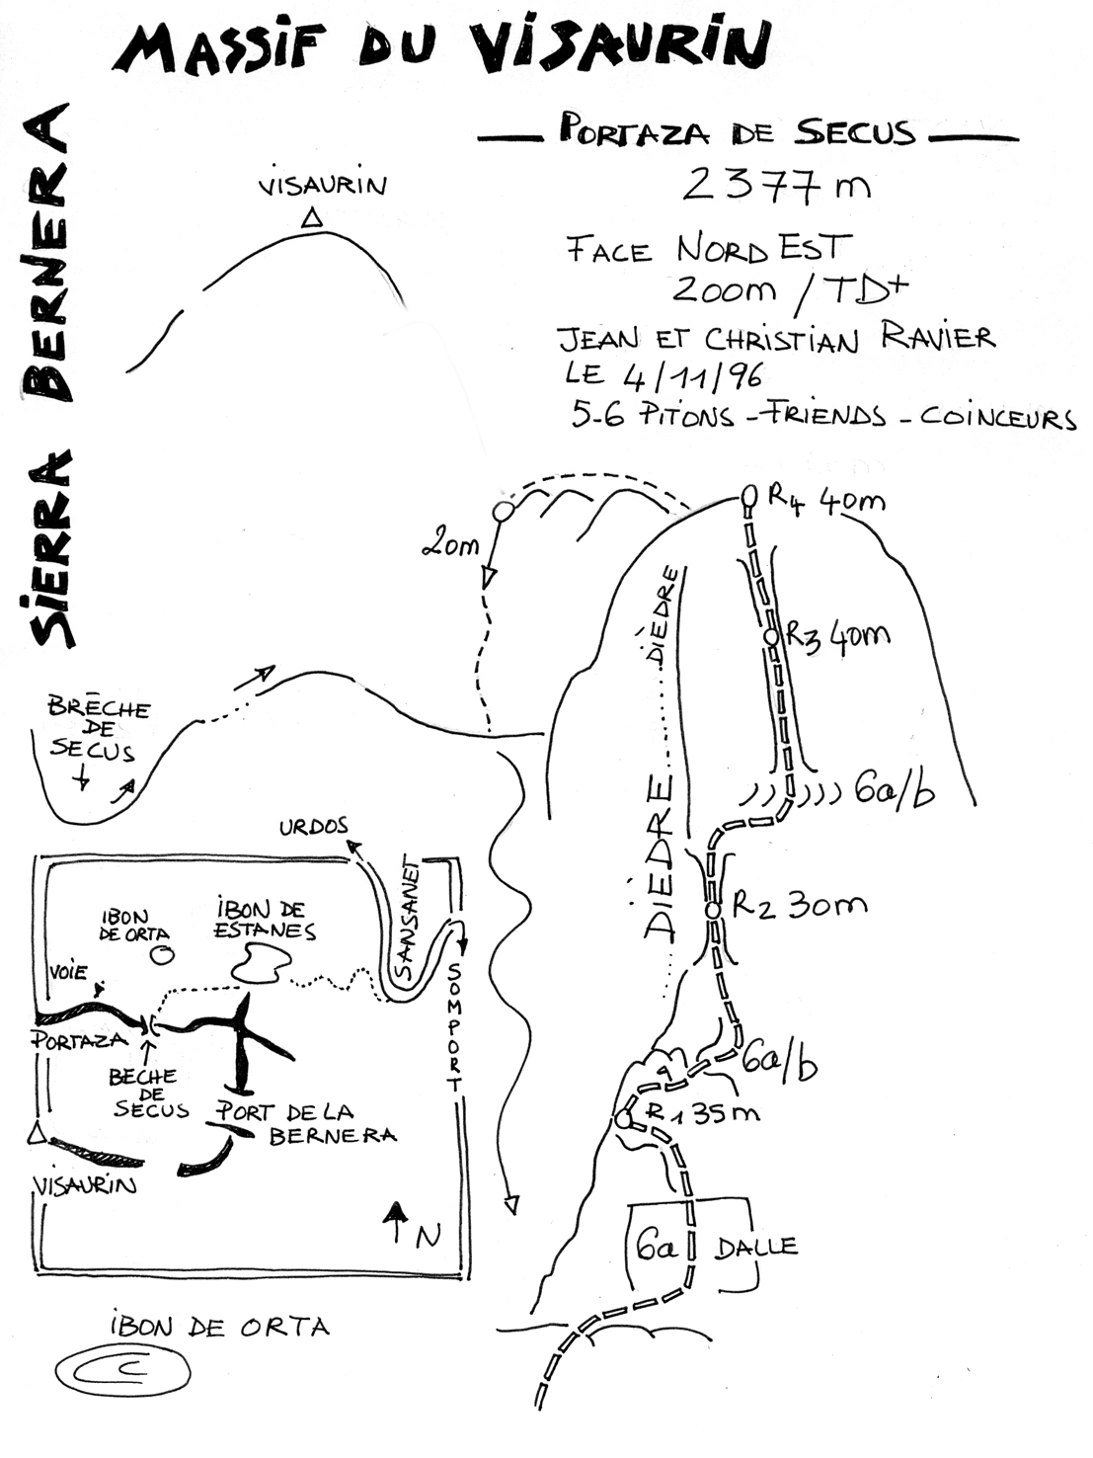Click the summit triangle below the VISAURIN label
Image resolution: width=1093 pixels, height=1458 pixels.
tap(312, 219)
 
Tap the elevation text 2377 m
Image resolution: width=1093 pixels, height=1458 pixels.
tap(776, 184)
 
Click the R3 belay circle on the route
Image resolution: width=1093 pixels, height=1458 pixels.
tap(772, 638)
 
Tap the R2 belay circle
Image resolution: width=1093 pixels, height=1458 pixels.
tap(713, 911)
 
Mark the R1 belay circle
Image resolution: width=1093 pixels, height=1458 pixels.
tap(623, 1120)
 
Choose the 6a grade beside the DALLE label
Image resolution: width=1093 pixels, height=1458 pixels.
tap(655, 1248)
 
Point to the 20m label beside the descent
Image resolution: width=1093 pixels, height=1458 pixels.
tap(450, 544)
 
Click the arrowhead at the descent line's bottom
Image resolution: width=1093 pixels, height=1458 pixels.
tap(510, 1204)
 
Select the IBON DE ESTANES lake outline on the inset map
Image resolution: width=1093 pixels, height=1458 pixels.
tap(262, 962)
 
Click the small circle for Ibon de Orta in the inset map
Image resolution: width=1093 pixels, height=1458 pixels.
tap(160, 955)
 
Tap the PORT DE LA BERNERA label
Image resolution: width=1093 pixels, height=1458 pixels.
tap(305, 1122)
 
